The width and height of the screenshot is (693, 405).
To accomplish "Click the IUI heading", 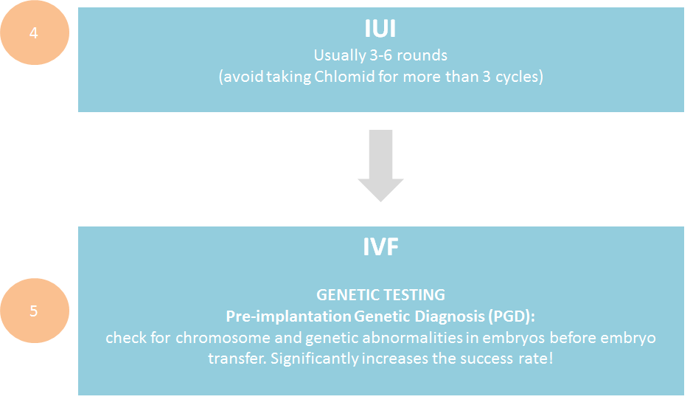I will [380, 29].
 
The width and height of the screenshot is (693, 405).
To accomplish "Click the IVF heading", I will [380, 248].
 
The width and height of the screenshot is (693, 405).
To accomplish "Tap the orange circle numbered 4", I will [35, 34].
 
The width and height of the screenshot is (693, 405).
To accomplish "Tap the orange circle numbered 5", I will [35, 311].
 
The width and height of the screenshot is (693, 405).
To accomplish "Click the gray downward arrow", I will [380, 165].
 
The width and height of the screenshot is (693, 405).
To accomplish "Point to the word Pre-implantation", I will [288, 316].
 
